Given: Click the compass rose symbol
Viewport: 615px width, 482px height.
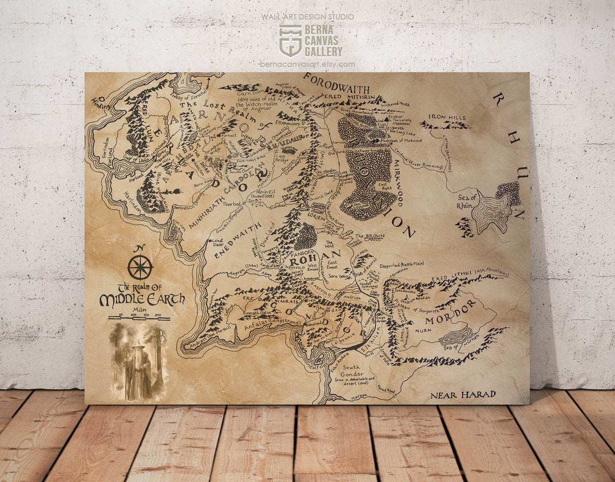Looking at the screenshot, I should coord(140,267).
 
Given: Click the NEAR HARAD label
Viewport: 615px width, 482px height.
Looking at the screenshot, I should coord(462,394).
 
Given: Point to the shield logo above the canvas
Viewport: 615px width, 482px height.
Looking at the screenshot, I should coord(290,39).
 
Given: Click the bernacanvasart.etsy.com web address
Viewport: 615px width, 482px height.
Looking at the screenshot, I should coord(307,64).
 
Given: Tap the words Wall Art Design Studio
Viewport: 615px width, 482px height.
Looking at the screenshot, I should coord(307,17).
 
